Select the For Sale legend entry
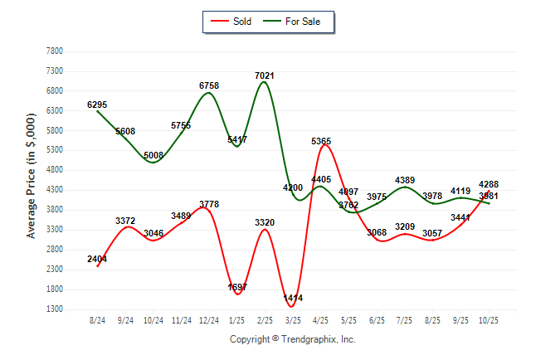(298, 21)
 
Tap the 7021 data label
(265, 76)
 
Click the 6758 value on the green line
(209, 85)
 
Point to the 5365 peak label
(322, 142)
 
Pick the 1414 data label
(293, 297)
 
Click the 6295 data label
(97, 105)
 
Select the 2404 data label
(97, 259)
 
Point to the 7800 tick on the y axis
(55, 51)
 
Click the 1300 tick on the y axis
(55, 309)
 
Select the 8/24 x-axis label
(97, 320)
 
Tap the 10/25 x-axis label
(490, 320)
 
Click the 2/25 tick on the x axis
(266, 320)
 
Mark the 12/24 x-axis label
(209, 320)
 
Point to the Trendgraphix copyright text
(292, 339)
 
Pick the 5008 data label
(153, 155)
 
